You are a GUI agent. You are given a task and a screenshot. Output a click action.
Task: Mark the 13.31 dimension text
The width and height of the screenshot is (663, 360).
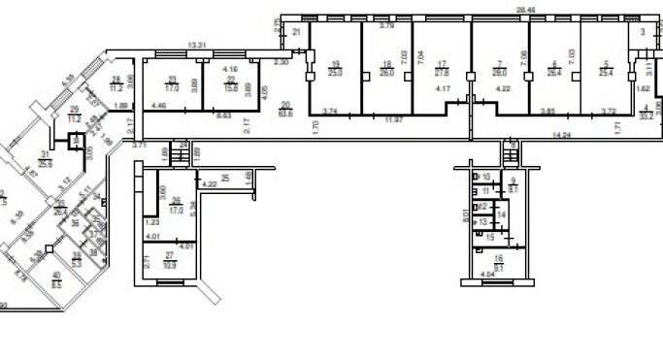(197, 45)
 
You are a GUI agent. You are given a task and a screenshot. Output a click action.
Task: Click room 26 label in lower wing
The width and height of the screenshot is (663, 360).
(177, 204)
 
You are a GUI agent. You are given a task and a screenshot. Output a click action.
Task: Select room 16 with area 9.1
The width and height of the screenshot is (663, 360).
(499, 259)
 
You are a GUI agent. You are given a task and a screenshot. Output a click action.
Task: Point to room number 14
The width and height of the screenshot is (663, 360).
(502, 214)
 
